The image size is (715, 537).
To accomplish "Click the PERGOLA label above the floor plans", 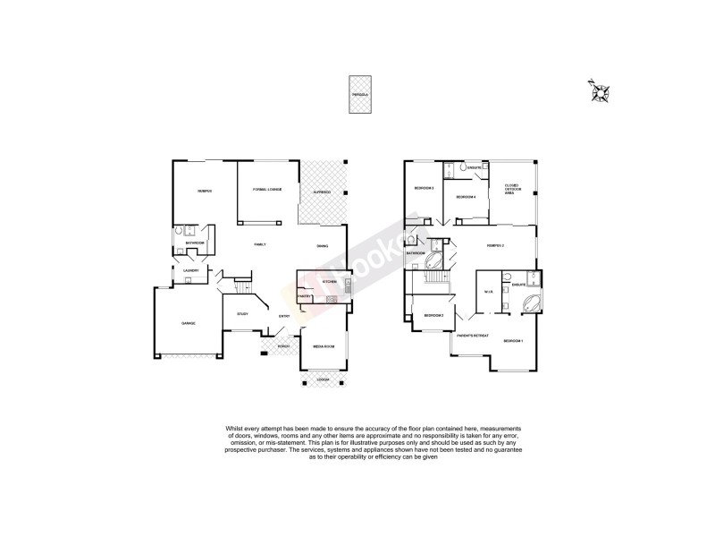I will pos(359,93).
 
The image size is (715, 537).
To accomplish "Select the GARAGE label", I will pos(188,323).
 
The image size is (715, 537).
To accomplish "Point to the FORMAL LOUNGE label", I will pos(267,190).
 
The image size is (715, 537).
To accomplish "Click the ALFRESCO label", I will pos(322,192).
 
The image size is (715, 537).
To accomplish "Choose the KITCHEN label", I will pos(329,282).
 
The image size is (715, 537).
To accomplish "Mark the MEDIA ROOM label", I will pos(323,345).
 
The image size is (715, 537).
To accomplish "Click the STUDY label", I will pos(242,313).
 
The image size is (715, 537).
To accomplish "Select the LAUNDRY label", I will pos(190,270).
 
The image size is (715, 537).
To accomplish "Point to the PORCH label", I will pos(282,346).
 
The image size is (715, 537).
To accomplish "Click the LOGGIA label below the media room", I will pos(323,379).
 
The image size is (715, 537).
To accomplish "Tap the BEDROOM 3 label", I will pos(424,188).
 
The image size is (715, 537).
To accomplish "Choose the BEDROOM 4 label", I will pos(466,197).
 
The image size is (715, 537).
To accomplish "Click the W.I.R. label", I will pos(489,291).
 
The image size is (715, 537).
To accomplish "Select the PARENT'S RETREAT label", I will pos(472,336).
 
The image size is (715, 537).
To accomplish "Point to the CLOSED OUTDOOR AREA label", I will pos(514,189).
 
